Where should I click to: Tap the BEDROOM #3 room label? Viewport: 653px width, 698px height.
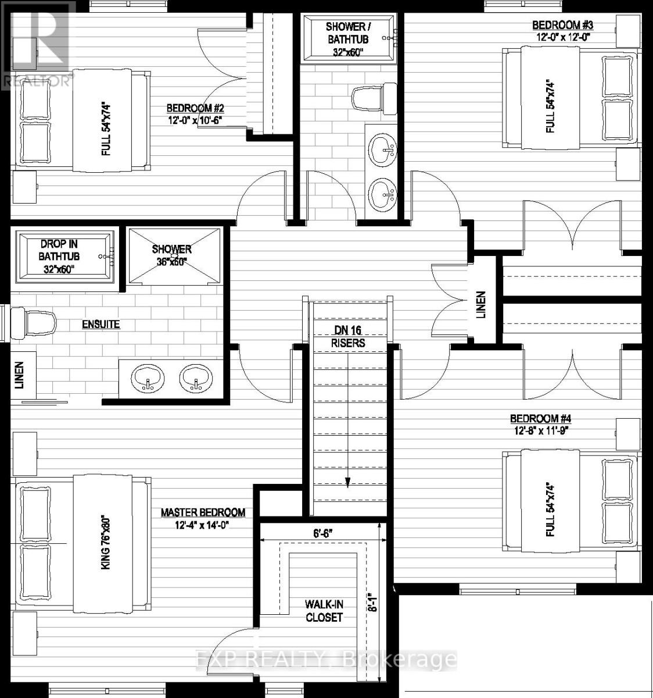[557, 25]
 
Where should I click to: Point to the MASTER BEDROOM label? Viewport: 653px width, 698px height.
[203, 512]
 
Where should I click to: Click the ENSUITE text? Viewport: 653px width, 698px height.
[101, 324]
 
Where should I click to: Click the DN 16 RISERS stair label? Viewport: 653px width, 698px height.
[348, 337]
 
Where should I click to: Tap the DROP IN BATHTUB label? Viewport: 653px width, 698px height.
[59, 257]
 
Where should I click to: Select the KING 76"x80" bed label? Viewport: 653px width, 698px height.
[106, 542]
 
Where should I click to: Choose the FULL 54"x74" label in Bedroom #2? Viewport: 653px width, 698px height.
[106, 130]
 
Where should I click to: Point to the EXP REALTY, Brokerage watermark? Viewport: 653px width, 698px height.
[325, 660]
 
